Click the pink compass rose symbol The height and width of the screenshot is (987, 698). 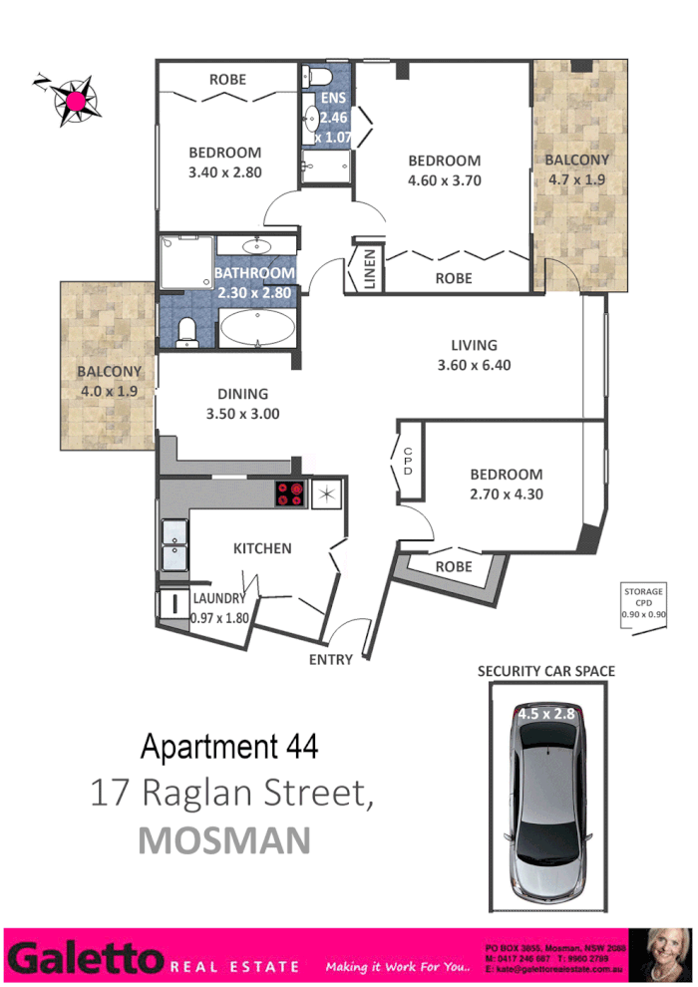coord(75,98)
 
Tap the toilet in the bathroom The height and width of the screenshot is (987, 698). coord(186,333)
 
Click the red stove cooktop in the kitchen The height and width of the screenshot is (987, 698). coord(290,493)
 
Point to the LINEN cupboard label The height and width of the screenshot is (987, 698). coord(368,269)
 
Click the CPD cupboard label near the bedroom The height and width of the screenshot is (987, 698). coord(407,460)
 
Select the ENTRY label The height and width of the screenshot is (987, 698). coord(331,659)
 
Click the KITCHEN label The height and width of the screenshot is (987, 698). coord(262,548)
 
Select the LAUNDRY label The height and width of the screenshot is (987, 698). coord(218,598)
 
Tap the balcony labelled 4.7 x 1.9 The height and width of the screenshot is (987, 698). coord(578,169)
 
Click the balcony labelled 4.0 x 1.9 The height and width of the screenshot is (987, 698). coord(108,381)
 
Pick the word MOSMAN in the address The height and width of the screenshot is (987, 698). coord(224,839)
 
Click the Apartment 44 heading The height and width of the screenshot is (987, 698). coord(229,746)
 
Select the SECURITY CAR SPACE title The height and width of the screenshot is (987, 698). coord(546,671)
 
